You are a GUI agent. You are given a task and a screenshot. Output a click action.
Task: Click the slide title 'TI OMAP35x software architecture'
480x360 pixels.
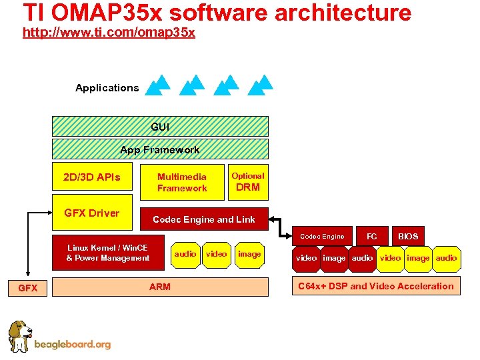217,13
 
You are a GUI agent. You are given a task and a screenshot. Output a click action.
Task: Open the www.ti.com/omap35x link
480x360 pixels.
109,33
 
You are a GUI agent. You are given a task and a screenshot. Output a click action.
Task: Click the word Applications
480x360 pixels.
107,88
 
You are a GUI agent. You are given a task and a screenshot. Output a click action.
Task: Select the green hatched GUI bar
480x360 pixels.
160,126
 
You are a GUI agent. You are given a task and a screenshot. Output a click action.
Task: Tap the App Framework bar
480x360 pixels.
160,149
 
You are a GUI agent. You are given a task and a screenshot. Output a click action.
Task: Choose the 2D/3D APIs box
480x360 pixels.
92,177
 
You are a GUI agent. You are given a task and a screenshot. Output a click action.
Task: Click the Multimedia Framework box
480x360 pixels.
182,182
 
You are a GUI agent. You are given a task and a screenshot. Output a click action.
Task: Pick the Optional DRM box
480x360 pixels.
248,182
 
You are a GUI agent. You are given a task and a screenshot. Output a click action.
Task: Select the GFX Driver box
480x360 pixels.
92,213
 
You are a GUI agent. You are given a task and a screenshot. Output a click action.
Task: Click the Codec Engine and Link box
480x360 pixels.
204,219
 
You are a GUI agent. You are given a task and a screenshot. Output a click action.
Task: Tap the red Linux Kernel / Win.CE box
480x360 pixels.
108,253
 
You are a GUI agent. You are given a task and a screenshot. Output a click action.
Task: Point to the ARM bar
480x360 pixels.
160,287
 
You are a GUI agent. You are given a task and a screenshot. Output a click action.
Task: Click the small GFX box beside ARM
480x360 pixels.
27,288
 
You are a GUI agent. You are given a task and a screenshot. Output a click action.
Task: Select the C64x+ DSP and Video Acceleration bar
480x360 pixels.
376,287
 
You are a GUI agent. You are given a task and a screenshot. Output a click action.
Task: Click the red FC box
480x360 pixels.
372,236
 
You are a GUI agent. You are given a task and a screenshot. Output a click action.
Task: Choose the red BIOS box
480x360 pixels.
408,236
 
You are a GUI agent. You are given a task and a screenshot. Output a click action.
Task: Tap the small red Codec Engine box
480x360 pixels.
322,236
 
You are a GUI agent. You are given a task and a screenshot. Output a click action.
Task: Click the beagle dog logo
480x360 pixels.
20,336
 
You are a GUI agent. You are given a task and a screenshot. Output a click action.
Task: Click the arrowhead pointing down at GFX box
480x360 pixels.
27,273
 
